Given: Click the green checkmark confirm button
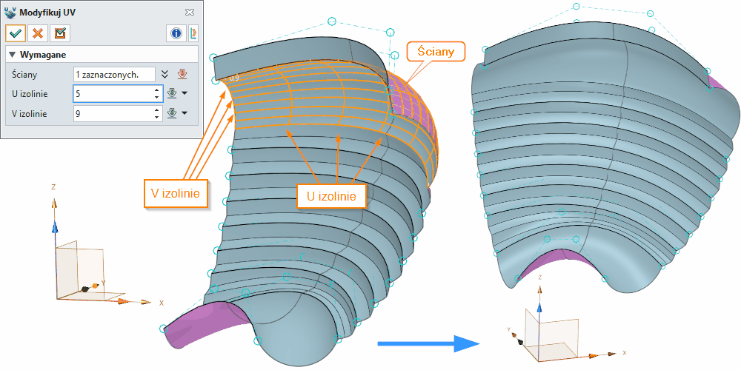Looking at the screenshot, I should point(16,33).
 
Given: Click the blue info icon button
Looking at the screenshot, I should point(176,33).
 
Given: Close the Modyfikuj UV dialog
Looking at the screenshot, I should point(190,13).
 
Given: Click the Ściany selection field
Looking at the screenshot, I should point(113,75).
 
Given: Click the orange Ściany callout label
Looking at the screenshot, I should point(436,52).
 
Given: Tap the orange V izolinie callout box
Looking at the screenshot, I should point(175,192).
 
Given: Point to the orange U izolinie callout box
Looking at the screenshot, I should point(331,196).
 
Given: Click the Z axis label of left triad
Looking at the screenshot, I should point(54,187).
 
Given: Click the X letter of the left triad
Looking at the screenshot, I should point(161,303).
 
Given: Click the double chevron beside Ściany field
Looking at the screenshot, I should point(165,75).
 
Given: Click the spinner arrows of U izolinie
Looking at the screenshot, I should point(156,94).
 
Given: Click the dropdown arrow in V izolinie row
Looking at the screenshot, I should point(184,113).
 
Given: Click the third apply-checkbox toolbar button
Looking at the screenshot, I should point(60,33).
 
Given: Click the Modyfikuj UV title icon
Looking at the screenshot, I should point(10,13).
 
